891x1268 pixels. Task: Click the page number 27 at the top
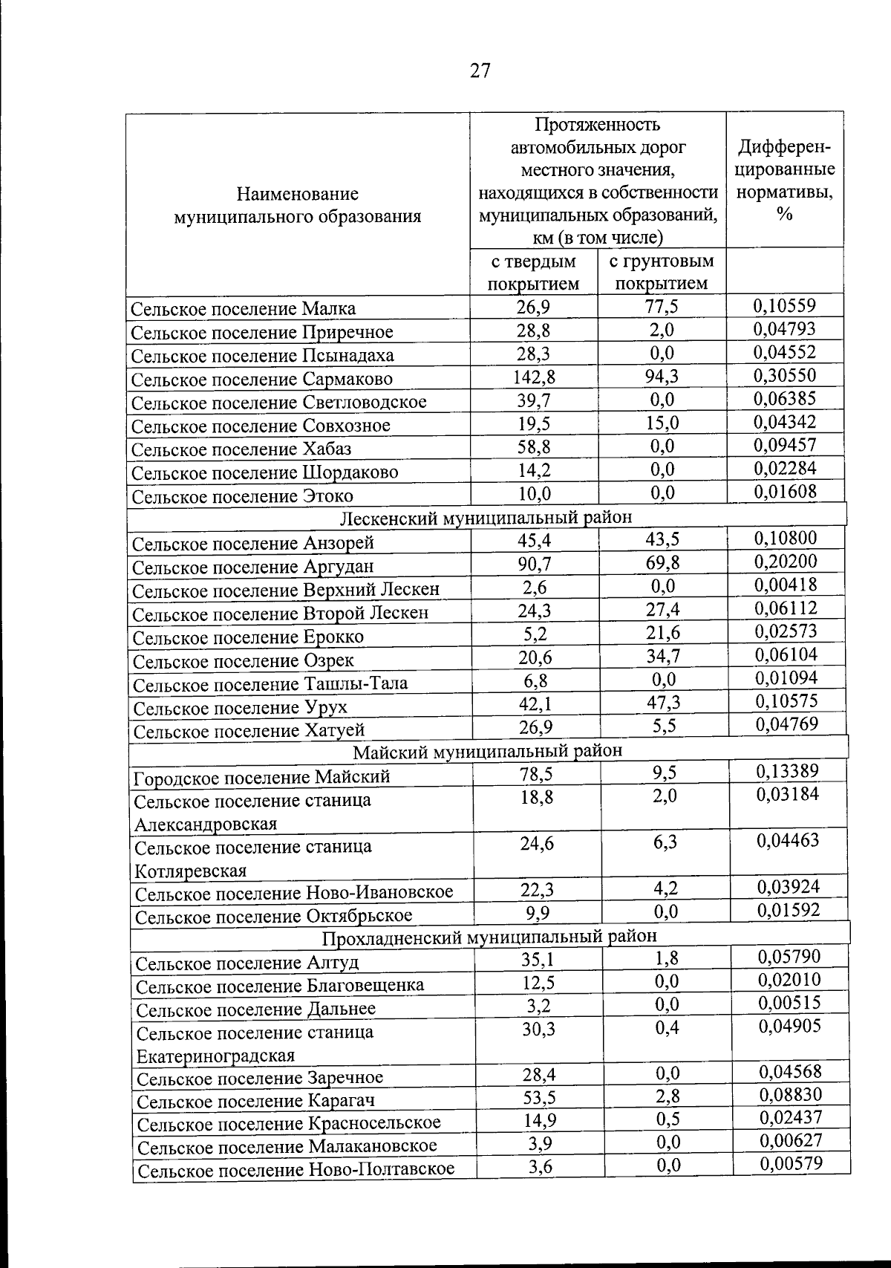480,71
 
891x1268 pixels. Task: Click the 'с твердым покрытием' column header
533,272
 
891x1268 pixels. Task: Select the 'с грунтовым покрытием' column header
661,272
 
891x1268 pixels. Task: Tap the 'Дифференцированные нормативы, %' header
784,180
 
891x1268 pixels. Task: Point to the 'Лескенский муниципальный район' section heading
486,517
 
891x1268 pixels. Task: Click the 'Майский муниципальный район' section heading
487,750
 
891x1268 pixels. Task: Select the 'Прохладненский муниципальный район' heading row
490,935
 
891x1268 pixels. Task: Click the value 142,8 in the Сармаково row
535,377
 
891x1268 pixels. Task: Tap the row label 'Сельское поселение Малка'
243,308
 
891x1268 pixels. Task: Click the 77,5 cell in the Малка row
662,307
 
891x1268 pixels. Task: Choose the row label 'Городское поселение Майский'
261,778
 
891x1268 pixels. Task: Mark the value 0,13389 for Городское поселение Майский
788,771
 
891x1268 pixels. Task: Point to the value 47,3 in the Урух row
662,703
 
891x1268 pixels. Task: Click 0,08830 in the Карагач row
791,1094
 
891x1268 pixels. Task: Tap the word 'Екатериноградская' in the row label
216,1055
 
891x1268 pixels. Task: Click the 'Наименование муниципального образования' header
297,205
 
